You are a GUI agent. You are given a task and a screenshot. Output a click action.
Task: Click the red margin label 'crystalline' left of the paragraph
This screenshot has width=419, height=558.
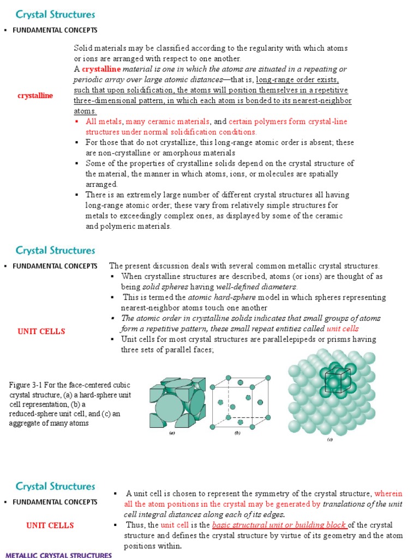point(35,95)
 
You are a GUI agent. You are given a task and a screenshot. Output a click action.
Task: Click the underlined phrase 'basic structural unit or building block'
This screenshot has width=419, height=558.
point(279,525)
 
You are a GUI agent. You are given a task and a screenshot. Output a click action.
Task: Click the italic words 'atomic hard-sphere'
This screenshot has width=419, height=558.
point(215,298)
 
